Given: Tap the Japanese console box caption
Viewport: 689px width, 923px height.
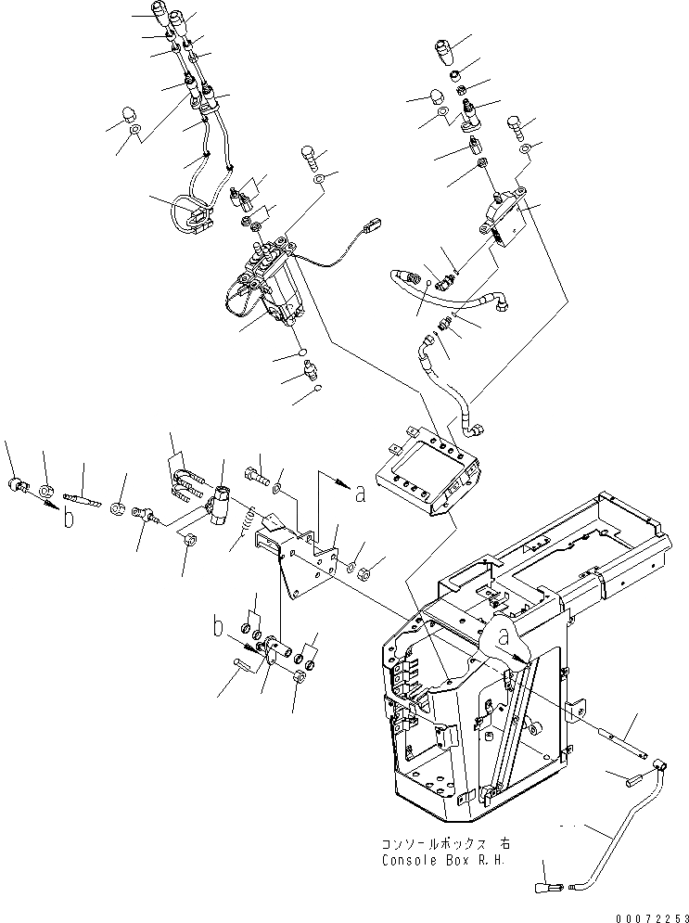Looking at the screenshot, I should point(445,844).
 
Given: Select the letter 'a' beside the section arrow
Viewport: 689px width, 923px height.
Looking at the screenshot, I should point(360,494).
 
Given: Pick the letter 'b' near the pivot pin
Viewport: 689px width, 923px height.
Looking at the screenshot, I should point(219,628).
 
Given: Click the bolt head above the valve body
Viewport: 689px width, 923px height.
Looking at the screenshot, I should point(309,154).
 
